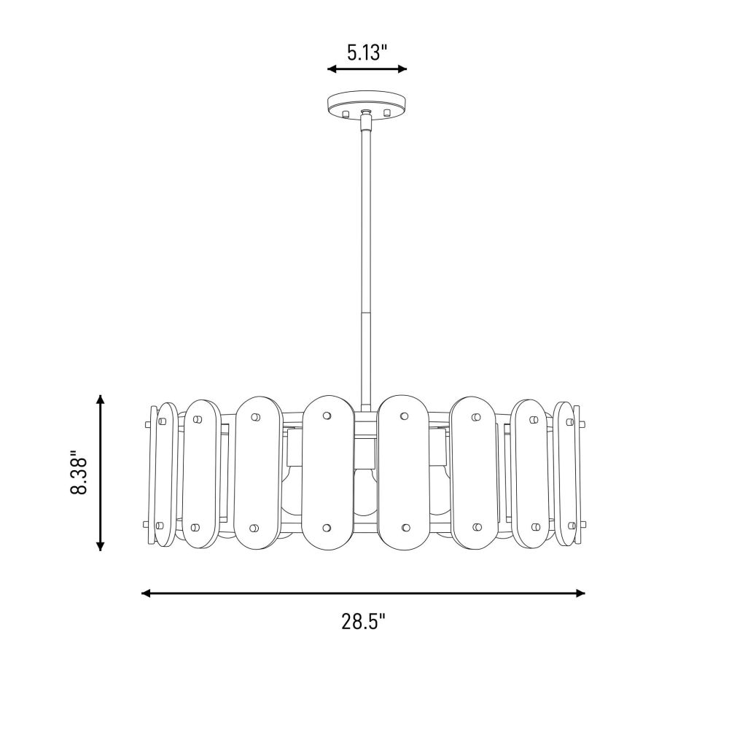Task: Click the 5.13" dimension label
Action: click(x=367, y=52)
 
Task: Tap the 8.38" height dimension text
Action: click(x=79, y=472)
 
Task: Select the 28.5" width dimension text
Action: click(x=364, y=621)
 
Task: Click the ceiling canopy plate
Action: click(x=367, y=105)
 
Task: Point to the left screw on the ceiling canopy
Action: click(x=346, y=114)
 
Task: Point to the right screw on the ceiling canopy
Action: click(x=387, y=112)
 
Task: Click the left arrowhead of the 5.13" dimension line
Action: click(x=332, y=69)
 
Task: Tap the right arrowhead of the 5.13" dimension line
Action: click(x=402, y=69)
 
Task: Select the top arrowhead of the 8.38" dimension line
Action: click(x=100, y=399)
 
